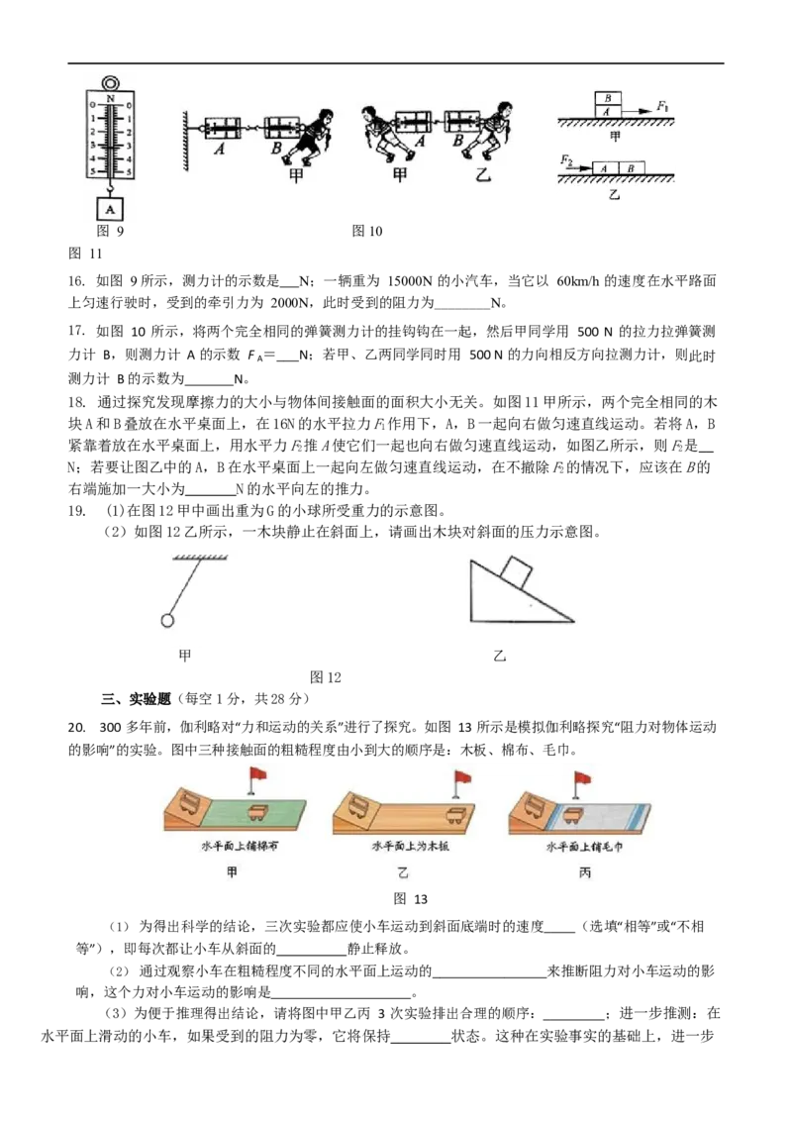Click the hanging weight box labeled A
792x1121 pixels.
coord(110,209)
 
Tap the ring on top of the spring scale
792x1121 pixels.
coord(110,83)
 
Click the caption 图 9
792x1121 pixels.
coord(110,231)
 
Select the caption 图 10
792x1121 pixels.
coord(367,231)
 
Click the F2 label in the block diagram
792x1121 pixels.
coord(567,160)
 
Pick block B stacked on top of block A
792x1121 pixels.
coord(608,99)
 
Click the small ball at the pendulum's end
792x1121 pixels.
coord(167,621)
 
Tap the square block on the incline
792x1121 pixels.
coord(516,573)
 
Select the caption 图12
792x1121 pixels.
coord(326,677)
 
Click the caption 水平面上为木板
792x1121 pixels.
coord(410,847)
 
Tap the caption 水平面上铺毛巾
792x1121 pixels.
coord(584,847)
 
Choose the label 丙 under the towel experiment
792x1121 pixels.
coord(585,872)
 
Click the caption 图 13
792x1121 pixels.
coord(410,898)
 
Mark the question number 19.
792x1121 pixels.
coord(77,510)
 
